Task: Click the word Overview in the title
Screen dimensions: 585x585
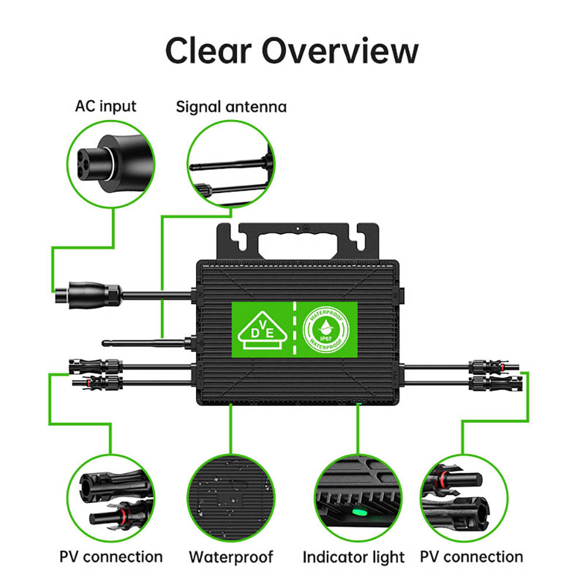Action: [340, 51]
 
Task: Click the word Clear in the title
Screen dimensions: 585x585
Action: [208, 51]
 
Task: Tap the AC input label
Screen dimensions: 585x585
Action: [105, 106]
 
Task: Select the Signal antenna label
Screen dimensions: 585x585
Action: [231, 107]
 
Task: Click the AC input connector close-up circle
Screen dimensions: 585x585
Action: [111, 166]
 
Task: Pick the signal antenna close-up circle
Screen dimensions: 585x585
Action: [230, 166]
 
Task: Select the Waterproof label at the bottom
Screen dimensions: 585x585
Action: [230, 556]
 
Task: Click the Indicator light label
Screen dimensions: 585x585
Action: [353, 557]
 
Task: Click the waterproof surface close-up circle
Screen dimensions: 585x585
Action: [230, 498]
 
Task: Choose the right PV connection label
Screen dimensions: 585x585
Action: [472, 556]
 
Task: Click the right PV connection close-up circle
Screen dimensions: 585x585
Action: [463, 498]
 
